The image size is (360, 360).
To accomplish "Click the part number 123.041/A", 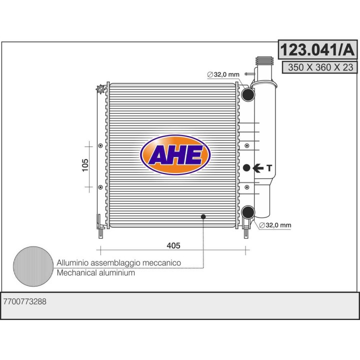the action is point(317,49).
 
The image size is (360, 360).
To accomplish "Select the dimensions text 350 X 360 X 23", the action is point(320,67).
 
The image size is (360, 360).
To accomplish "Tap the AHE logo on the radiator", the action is point(175,155).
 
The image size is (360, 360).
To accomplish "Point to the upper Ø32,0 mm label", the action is point(223,74).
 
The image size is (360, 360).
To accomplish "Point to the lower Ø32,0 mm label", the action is point(275,225).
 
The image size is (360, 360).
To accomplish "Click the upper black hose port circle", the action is point(248,94).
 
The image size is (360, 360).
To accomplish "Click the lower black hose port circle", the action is point(248,212).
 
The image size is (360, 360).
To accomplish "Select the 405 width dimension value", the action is point(173,245).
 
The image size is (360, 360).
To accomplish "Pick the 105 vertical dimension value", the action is point(85,165).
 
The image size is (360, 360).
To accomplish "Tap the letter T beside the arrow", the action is point(269,168).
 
